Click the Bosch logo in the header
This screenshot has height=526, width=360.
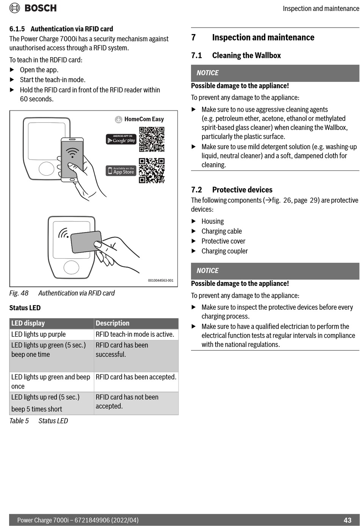[x=33, y=8]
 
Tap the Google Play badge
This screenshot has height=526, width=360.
[x=121, y=139]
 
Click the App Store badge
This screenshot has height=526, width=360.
[x=121, y=171]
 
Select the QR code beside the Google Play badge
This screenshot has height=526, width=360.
[x=152, y=139]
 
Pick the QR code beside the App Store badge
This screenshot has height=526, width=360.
[x=152, y=170]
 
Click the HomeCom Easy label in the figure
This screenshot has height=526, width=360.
[x=139, y=119]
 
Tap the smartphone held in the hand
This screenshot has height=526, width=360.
[x=72, y=159]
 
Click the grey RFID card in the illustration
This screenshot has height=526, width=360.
[x=86, y=242]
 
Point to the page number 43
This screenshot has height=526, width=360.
[x=347, y=520]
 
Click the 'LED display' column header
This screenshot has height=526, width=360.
[x=28, y=323]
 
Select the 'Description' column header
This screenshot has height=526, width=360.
[x=113, y=323]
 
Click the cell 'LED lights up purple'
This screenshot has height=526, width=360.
[x=39, y=334]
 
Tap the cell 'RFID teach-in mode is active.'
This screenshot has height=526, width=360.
[x=135, y=334]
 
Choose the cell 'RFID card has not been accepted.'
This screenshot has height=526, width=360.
[x=127, y=401]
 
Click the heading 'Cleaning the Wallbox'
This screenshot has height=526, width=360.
[x=246, y=56]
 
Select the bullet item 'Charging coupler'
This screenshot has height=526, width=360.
[x=224, y=251]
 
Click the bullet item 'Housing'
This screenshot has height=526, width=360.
[x=213, y=222]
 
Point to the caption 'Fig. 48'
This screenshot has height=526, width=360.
[x=19, y=293]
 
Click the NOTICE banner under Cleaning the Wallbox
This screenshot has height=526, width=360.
[x=275, y=73]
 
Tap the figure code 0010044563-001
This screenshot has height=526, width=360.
[x=161, y=281]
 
